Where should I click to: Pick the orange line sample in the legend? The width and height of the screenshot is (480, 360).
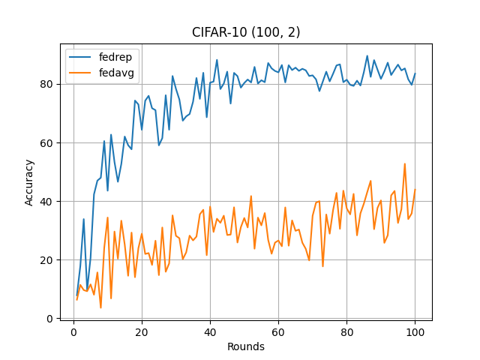coord(81,73)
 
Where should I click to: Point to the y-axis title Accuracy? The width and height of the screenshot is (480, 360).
coord(30,182)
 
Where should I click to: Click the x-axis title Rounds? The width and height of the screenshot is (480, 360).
coord(246,346)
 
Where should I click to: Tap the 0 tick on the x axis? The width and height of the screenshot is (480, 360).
coord(73,331)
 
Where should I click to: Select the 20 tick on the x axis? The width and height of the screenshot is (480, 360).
coord(142,331)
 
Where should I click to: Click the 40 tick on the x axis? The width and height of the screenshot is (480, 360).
coord(210,331)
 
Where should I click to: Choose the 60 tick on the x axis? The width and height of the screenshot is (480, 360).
coord(278,331)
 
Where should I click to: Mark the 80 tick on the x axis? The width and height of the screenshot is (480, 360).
coord(346,331)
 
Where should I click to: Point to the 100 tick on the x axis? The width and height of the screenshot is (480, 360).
coord(415,331)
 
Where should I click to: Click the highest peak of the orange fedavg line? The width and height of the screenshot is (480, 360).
coord(405,163)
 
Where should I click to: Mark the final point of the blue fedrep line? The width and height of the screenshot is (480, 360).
coord(415,73)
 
